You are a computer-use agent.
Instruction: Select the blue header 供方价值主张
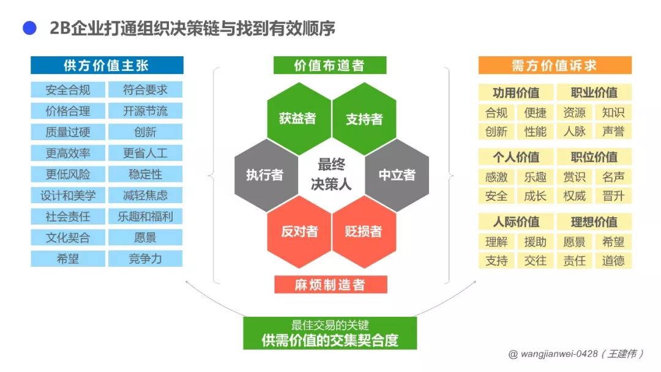[107, 65]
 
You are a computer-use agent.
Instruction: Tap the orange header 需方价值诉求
[555, 65]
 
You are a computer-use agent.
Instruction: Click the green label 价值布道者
[330, 65]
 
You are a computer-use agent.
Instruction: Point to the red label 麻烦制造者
[330, 285]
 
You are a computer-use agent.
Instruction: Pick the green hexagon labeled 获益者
[297, 118]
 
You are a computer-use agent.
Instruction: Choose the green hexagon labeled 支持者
[364, 118]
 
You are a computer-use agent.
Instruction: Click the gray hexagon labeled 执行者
[264, 175]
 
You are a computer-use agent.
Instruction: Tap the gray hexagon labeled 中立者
[397, 175]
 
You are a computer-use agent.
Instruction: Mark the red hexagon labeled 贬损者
[364, 231]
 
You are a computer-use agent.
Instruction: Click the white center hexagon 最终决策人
[330, 174]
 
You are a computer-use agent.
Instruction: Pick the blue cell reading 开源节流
[146, 111]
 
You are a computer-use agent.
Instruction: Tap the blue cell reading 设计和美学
[68, 195]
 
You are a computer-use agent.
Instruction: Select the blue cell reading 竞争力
[146, 258]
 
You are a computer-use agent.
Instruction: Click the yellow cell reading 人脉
[574, 132]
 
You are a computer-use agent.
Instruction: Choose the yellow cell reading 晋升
[613, 196]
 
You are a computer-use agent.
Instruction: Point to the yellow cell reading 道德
[613, 261]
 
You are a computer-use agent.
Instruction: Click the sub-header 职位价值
[594, 157]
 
